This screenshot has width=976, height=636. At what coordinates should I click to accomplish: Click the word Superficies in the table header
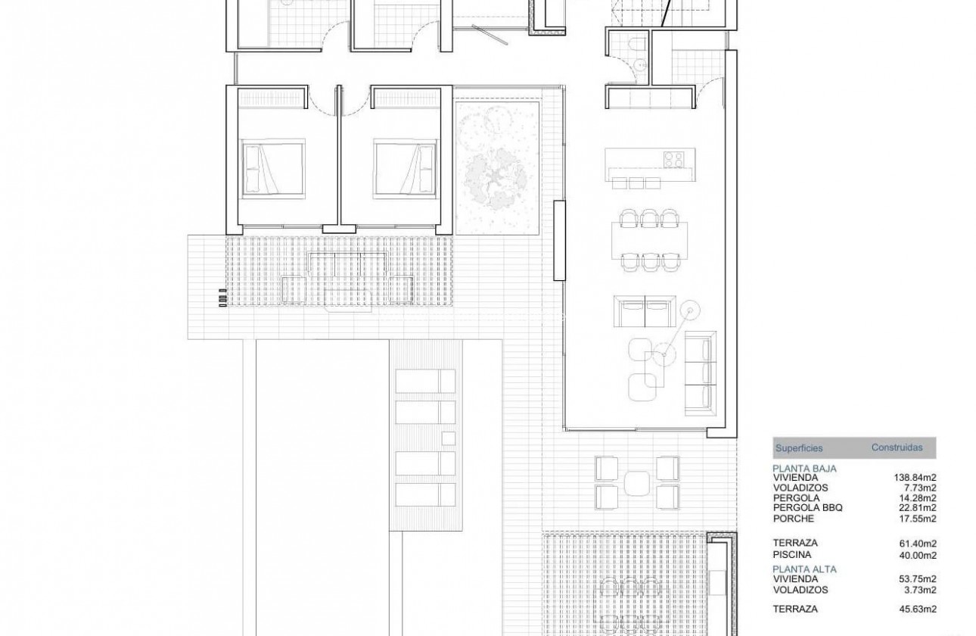tap(798, 448)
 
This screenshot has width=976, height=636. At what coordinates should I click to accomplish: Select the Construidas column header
tap(897, 447)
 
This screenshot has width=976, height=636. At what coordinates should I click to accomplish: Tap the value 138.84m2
tap(915, 479)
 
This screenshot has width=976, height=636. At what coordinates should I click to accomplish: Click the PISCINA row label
tap(791, 553)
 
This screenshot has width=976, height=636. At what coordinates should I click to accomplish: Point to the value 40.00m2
tap(918, 553)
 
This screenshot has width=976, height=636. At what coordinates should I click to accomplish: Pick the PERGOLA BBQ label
tap(807, 508)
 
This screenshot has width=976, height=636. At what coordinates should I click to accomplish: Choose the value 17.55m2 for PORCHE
tap(918, 519)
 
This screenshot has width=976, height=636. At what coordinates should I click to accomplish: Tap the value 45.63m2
tap(918, 609)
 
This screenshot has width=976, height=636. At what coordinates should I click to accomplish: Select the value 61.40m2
tap(918, 543)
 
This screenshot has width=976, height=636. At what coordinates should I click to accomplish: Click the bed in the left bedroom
tap(272, 167)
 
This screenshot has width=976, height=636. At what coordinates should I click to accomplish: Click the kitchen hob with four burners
tap(674, 160)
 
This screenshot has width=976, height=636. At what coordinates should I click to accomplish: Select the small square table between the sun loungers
tap(448, 438)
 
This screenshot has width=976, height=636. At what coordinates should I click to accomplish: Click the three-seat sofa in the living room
tap(699, 373)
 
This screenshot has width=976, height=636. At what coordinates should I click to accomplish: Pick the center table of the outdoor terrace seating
tap(637, 482)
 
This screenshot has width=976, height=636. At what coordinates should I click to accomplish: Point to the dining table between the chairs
tap(648, 239)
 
